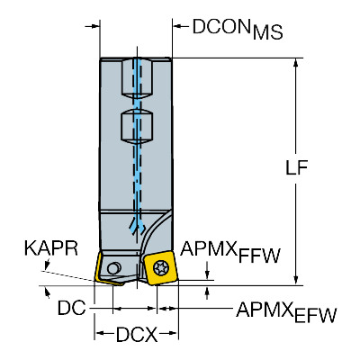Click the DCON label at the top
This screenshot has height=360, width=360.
coord(221,26)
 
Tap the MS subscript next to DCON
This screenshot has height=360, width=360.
coord(267,32)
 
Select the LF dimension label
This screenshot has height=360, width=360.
coord(296,168)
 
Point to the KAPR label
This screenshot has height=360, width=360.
coord(51,248)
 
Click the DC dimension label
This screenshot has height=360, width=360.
coord(71,308)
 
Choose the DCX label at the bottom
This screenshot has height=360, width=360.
coord(137,335)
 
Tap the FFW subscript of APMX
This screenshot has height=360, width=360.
coord(259,256)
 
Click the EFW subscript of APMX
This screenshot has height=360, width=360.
coord(315,315)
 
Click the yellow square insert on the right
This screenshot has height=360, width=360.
coord(160,268)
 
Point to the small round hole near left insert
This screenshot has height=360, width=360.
coord(113,268)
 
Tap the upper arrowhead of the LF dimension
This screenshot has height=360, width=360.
coord(296,63)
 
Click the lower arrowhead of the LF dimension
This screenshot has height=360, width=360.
coord(296,280)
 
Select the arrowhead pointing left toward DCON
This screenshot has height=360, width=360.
coord(178,26)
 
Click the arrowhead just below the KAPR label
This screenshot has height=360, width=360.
coord(47,265)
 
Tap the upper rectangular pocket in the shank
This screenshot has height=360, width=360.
coord(137,78)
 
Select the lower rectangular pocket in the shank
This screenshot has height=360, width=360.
coord(137,126)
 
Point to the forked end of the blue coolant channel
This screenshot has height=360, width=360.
coord(137,226)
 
